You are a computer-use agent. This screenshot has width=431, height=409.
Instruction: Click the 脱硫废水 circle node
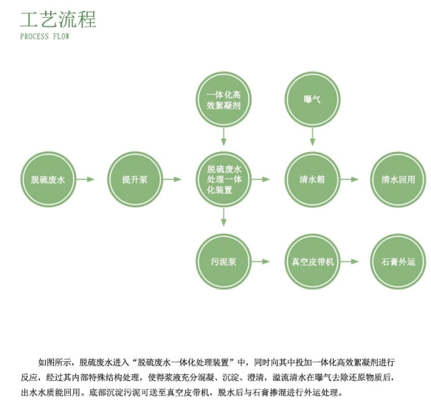point(48,179)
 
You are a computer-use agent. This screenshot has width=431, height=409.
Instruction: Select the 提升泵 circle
point(135,179)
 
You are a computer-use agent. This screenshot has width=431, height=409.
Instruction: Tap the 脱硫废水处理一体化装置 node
point(224,179)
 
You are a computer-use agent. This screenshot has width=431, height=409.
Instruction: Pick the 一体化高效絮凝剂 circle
point(224,100)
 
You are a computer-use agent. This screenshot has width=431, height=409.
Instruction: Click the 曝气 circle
point(312,100)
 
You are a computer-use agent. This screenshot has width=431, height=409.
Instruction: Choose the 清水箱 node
point(312,179)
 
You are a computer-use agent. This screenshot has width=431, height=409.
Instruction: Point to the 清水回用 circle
point(398,179)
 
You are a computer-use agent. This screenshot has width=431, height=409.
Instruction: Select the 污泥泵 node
point(224,261)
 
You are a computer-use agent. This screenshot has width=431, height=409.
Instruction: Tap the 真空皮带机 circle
point(312,261)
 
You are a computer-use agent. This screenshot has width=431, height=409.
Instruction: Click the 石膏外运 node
point(398,261)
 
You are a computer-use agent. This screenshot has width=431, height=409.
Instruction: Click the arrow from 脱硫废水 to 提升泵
point(86,179)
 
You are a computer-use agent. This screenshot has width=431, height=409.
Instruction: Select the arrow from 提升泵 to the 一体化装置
point(173,179)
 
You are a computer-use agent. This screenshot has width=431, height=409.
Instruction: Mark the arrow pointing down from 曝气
point(312,137)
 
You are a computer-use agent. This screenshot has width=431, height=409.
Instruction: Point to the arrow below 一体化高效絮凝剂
point(224,137)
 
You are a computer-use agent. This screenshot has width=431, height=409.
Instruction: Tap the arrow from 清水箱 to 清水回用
point(350,179)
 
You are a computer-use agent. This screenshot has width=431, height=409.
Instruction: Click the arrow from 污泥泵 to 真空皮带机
point(261,261)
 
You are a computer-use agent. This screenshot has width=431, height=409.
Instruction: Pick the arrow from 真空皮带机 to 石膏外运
point(350,261)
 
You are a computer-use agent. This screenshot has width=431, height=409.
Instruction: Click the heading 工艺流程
point(58,19)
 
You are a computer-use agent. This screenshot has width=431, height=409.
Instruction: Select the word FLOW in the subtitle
point(61,36)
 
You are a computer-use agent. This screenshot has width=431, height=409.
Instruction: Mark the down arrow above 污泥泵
point(224,217)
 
